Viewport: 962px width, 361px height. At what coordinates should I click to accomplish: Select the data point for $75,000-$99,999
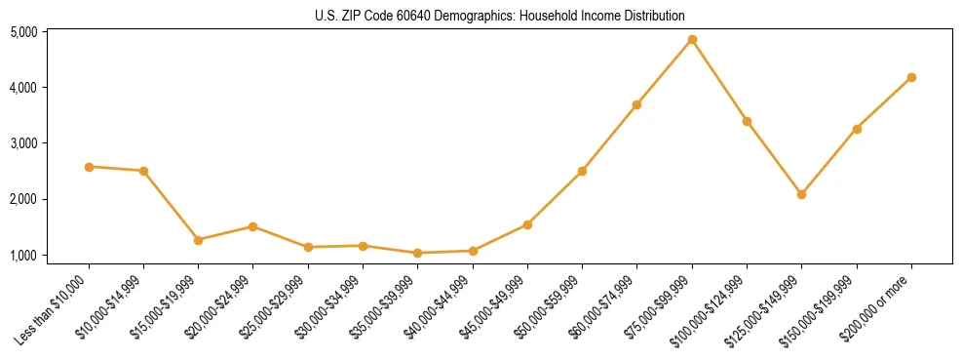[692, 40]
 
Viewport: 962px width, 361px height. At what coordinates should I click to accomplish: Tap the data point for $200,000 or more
[911, 77]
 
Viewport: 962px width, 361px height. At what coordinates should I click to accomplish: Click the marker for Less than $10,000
[89, 167]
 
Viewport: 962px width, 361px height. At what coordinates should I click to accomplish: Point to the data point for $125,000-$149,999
[801, 194]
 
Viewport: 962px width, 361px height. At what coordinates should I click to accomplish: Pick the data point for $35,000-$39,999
[418, 253]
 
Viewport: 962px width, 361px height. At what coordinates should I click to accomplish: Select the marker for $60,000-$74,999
[636, 104]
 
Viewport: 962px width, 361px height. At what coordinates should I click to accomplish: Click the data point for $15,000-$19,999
[199, 239]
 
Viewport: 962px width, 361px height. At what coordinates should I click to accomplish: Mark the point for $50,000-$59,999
[582, 171]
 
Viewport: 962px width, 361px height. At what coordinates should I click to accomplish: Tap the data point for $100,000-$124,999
[747, 121]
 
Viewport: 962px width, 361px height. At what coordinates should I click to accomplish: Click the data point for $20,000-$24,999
[253, 226]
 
